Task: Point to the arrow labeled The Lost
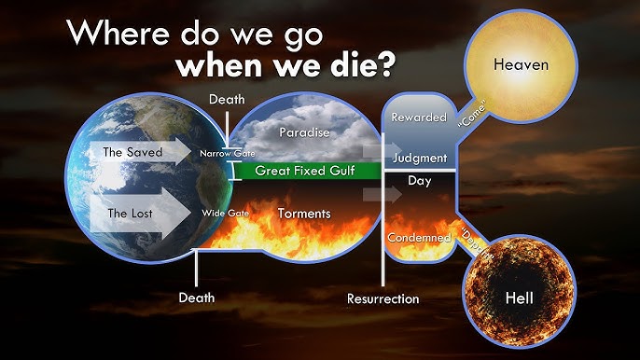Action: click(x=139, y=214)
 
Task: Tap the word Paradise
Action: click(x=304, y=133)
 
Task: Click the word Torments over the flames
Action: click(x=304, y=214)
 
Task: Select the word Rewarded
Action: click(x=418, y=118)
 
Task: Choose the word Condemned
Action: click(x=419, y=237)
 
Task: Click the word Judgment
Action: click(x=420, y=158)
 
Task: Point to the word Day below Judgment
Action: click(x=419, y=181)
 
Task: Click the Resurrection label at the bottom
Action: click(x=383, y=299)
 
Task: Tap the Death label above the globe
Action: click(x=227, y=99)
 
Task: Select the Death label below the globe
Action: click(x=196, y=298)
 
